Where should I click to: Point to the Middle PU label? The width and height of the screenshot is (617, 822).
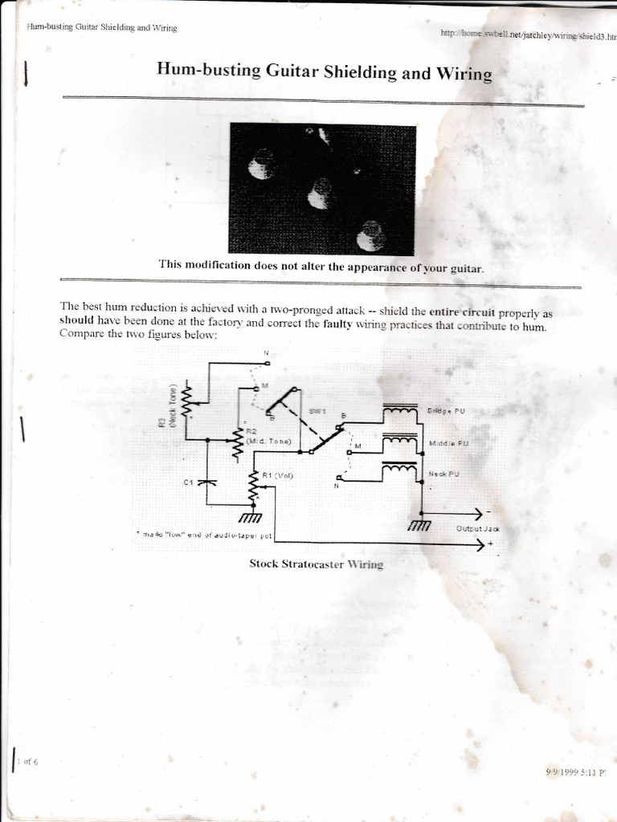[448, 442]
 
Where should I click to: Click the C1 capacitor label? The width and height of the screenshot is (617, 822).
[190, 482]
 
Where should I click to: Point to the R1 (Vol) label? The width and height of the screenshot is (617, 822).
[278, 475]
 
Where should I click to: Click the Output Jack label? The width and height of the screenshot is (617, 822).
[477, 529]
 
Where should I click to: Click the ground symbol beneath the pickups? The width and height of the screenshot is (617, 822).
[419, 525]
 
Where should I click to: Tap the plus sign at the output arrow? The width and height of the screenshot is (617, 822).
[489, 546]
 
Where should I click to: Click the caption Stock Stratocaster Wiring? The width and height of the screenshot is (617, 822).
[316, 564]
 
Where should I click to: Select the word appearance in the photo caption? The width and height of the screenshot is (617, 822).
[378, 267]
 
